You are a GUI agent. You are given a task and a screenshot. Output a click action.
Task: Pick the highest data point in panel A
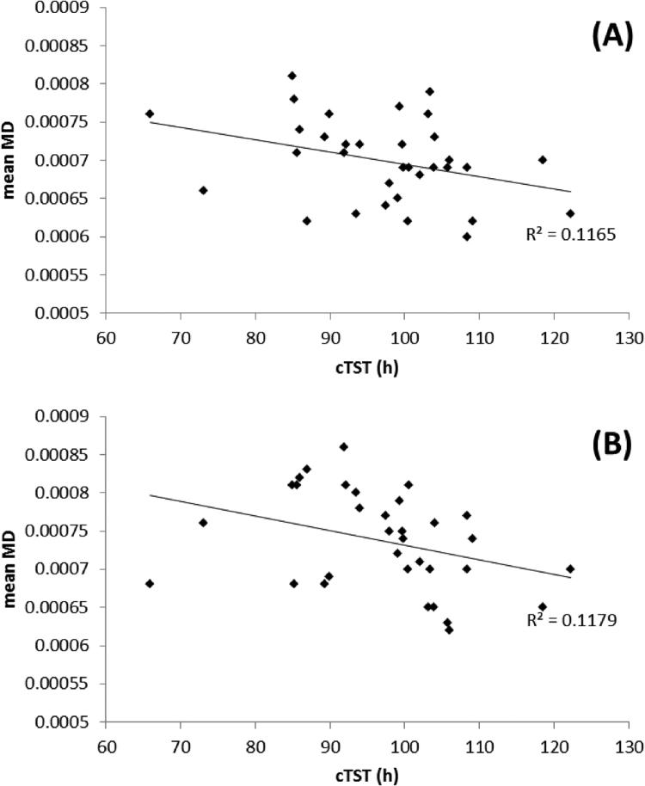coord(292,76)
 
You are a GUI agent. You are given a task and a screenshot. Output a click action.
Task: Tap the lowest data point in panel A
coord(467,236)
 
